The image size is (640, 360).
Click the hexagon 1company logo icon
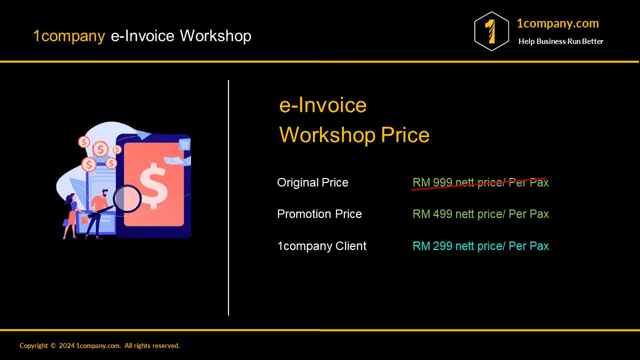(491, 31)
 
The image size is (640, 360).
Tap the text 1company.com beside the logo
(557, 23)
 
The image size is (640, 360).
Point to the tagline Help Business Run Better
(560, 41)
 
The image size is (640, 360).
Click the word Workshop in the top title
(215, 36)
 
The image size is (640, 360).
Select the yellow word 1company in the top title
(69, 36)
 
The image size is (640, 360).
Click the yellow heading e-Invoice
(323, 105)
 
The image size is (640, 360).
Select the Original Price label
(312, 182)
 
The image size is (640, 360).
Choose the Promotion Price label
(319, 214)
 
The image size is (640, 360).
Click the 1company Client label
(321, 246)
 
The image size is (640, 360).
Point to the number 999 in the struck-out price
(442, 182)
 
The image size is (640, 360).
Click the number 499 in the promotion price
(442, 214)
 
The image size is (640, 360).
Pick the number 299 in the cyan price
(442, 246)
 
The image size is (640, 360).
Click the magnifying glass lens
(127, 198)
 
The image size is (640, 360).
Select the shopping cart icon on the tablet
(184, 145)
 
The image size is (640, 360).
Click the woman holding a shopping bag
(71, 215)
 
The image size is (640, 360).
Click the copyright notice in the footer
(99, 345)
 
